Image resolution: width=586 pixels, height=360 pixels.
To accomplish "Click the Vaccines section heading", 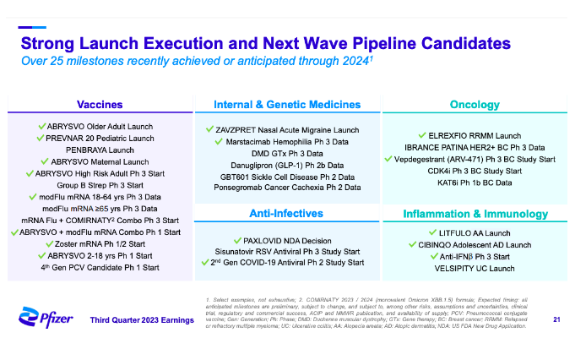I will (100, 105).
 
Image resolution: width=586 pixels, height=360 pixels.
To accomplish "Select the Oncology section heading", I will (475, 105).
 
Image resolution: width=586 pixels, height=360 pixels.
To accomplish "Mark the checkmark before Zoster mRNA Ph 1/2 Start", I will (47, 243).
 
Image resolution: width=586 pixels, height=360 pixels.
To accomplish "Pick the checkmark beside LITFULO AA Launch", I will (431, 232).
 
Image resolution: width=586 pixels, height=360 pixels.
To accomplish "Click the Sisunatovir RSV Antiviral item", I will (285, 251).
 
